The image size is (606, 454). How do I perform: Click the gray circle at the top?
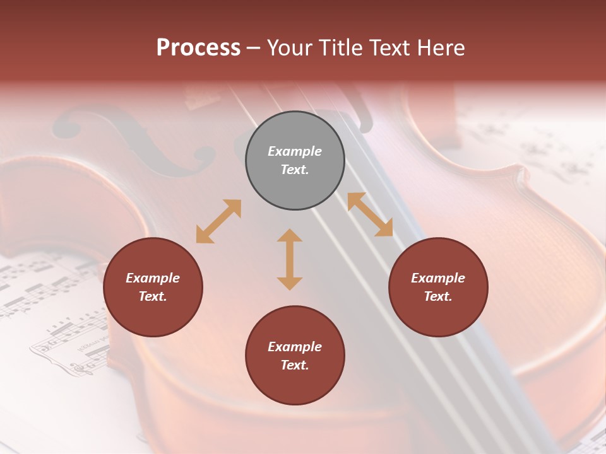click(295, 161)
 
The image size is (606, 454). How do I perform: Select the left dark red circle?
click(153, 288)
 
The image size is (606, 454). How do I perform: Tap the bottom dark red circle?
click(295, 356)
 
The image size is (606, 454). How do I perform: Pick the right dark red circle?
click(438, 288)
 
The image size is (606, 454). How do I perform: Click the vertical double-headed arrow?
click(290, 259)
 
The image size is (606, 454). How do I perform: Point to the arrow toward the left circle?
click(218, 221)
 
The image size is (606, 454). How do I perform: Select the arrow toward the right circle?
click(370, 214)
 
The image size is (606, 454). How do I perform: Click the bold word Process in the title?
click(198, 48)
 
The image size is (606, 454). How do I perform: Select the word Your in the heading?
click(290, 48)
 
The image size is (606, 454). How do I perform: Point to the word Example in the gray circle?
click(295, 151)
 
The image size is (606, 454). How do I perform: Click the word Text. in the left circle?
click(153, 296)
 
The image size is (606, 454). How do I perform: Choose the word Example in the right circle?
click(438, 278)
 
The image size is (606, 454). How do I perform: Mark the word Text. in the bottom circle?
click(295, 365)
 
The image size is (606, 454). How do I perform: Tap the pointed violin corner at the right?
click(521, 173)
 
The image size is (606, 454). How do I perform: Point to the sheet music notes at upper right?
click(537, 139)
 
